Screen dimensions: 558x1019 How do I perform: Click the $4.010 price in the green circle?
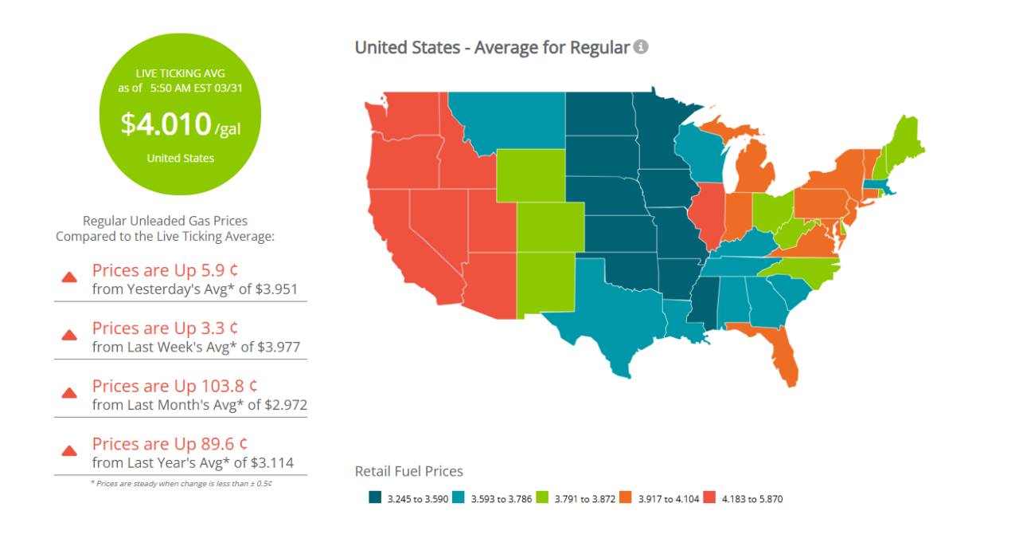(x=166, y=124)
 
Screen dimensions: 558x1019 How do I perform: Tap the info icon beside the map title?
(x=641, y=47)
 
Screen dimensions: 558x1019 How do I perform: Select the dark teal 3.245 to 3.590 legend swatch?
(x=375, y=498)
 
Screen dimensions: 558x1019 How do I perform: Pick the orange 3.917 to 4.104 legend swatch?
(x=627, y=498)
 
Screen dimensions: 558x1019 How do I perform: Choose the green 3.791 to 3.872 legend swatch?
(x=543, y=498)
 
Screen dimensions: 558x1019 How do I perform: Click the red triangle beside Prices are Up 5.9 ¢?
(x=69, y=277)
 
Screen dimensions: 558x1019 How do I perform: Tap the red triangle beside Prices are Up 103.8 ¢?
(x=69, y=393)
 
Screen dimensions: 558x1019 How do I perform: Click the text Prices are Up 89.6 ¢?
(x=170, y=444)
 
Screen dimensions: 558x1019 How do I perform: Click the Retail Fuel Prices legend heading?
(x=408, y=471)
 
